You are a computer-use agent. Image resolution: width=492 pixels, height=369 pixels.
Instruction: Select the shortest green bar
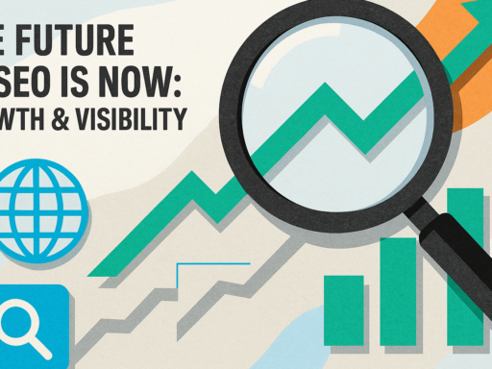[344, 309]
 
